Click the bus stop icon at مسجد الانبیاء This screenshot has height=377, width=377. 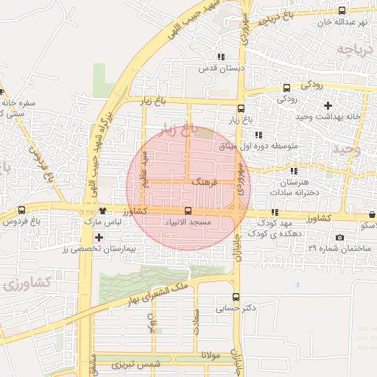(188, 211)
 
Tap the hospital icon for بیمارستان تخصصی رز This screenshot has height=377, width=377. (99, 238)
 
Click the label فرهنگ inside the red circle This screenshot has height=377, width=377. (202, 180)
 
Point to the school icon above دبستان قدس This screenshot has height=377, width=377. (220, 57)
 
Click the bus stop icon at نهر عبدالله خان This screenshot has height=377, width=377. (341, 10)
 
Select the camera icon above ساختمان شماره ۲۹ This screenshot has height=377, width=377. (339, 237)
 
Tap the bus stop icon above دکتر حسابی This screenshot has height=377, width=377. (236, 297)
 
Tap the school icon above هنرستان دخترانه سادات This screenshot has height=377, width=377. (295, 170)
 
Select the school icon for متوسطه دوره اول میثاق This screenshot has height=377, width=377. (258, 135)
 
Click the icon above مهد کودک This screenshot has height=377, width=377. (275, 211)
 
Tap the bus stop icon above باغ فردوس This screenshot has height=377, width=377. (21, 210)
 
